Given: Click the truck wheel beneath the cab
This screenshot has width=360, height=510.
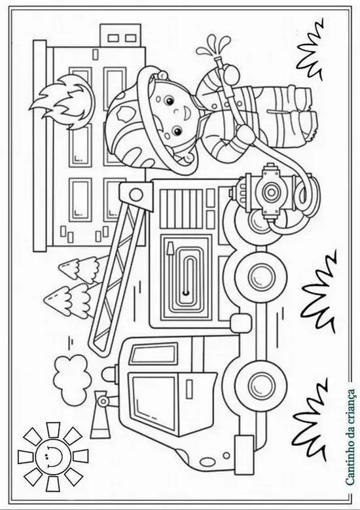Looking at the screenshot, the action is point(260,382).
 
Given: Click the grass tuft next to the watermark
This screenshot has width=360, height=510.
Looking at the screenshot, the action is point(313,420).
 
